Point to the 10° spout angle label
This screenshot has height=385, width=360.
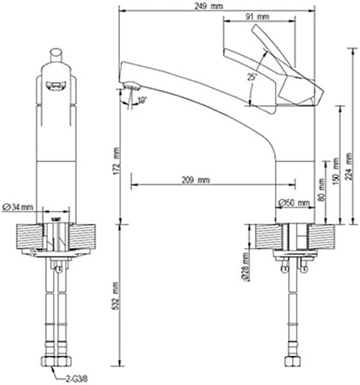(x=142, y=100)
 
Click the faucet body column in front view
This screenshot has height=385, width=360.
(x=56, y=162)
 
